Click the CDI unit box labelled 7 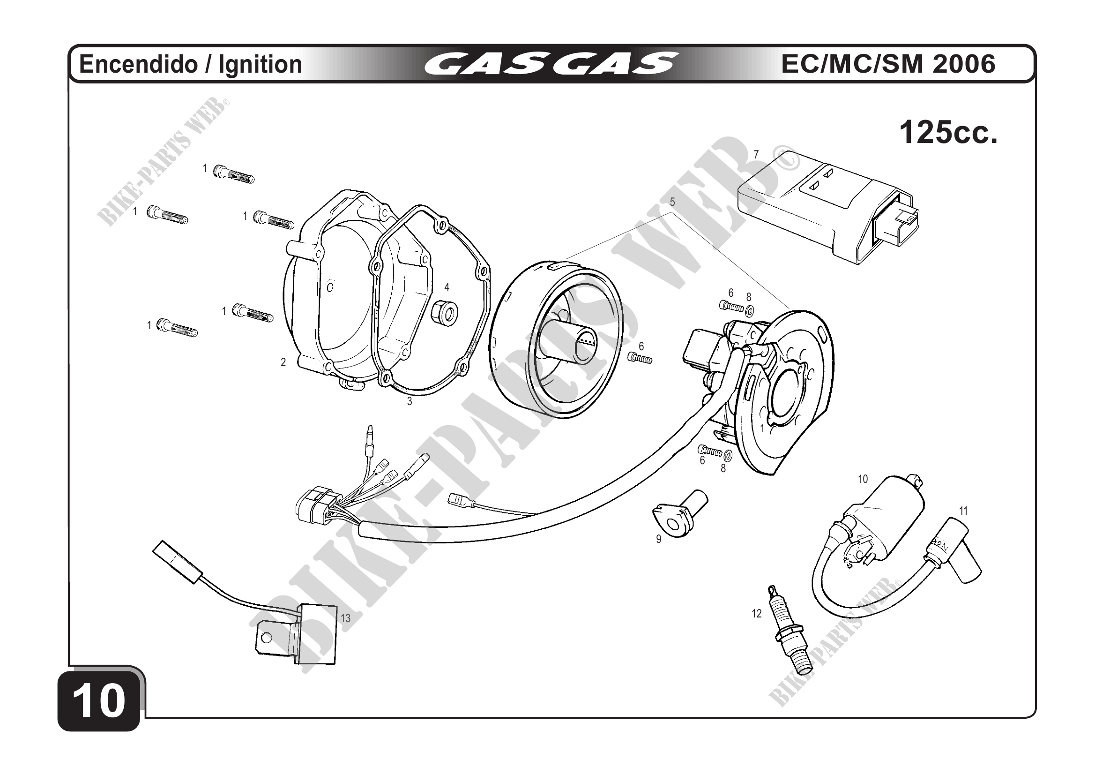point(825,210)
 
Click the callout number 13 point(345,618)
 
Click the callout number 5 point(672,202)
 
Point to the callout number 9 point(659,539)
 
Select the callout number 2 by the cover point(283,363)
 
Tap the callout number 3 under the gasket point(409,401)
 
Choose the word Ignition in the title point(261,64)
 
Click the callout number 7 point(756,155)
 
